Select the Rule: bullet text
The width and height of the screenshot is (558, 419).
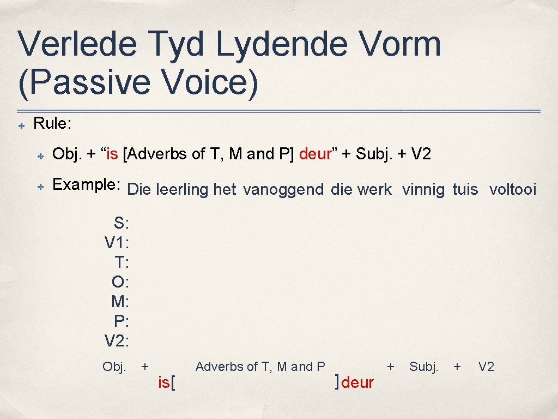52,123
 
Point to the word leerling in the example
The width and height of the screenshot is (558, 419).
182,190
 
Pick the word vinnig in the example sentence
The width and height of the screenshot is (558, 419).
423,190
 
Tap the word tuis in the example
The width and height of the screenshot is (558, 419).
465,190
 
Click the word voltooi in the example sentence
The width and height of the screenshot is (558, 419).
513,190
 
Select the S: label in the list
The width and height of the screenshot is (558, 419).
120,223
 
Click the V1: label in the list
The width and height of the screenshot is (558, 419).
117,242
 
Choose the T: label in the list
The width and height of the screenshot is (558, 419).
121,262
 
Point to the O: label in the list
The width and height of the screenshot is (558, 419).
120,282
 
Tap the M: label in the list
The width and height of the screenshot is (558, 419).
119,302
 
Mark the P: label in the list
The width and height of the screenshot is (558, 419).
120,321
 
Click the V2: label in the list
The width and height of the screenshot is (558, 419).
117,342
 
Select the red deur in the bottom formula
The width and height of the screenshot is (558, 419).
357,383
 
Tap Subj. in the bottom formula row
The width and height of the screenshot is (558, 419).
423,367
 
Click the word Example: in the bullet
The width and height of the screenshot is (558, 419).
86,184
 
